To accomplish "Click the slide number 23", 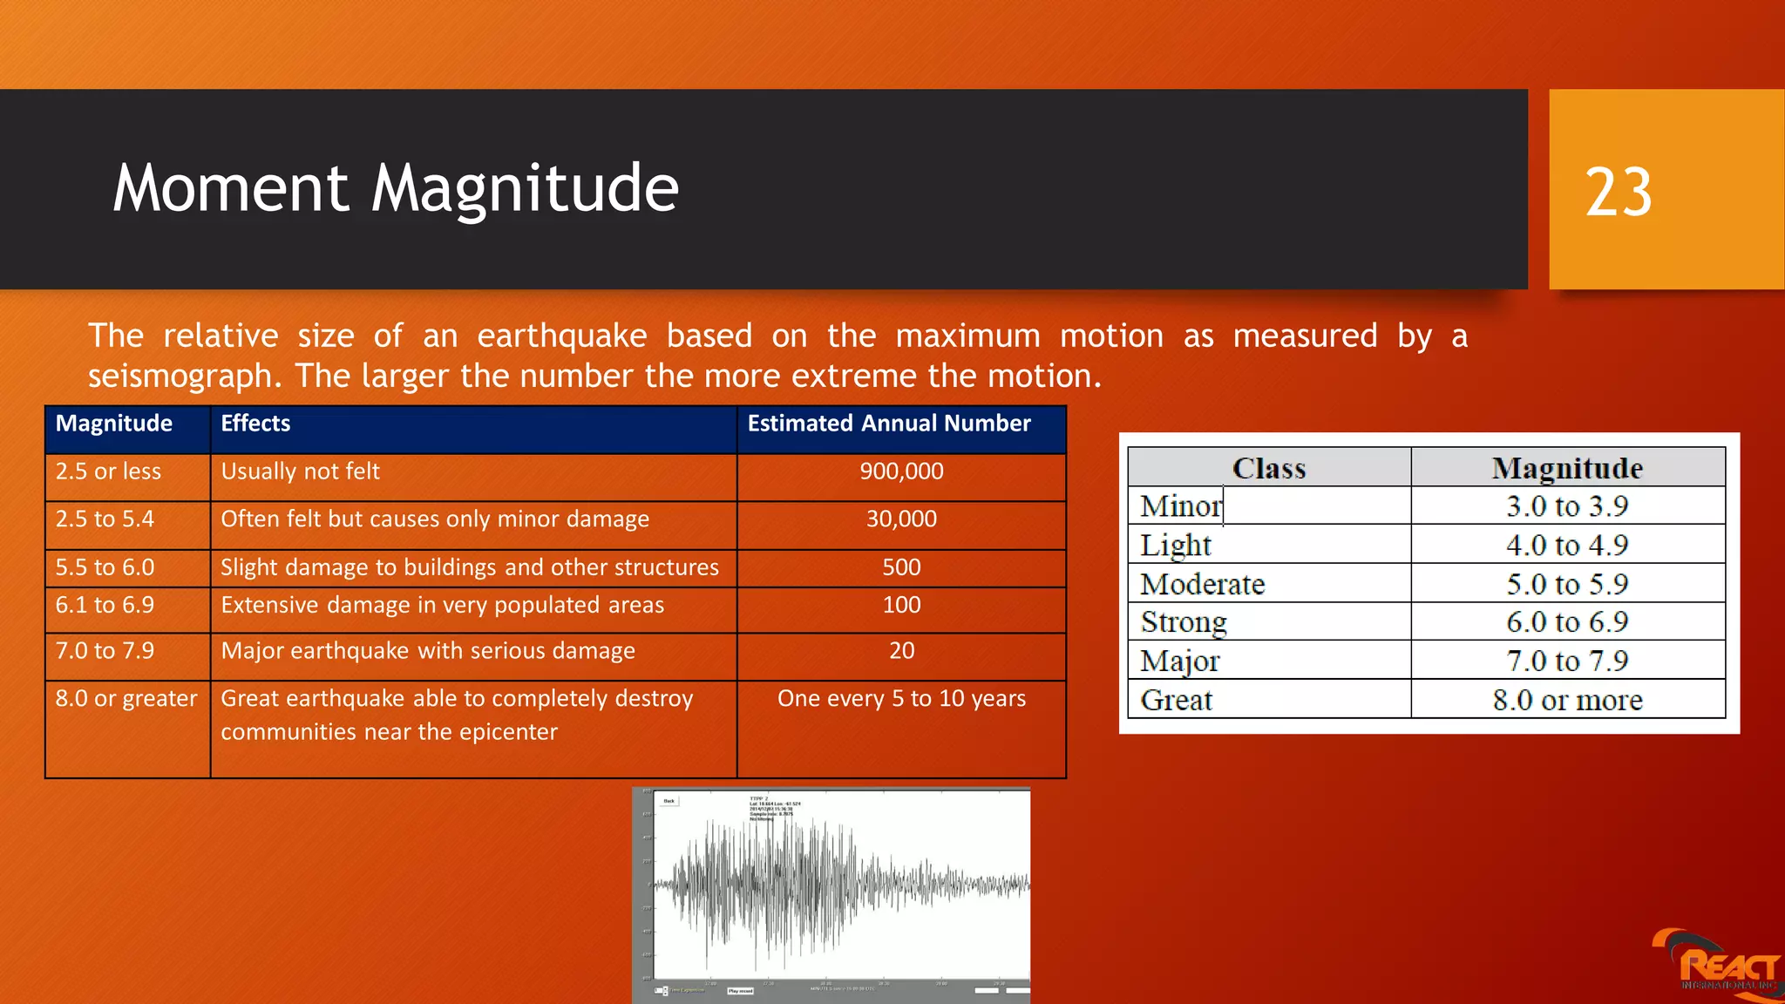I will (1618, 193).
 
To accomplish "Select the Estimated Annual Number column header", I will (889, 424).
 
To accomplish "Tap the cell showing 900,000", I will (901, 472).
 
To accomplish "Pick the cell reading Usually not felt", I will (300, 472).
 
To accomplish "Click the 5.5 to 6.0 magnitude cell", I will (105, 568).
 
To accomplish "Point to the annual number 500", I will (901, 568).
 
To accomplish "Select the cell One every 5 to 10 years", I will (901, 699).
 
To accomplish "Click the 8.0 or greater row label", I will (126, 699).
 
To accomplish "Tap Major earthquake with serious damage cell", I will (428, 652).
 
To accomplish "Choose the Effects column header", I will (255, 424).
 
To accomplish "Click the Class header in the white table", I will (1268, 469).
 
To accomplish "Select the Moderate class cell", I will (1203, 585).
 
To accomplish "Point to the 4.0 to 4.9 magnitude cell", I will (1567, 546).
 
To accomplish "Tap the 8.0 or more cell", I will (1567, 701).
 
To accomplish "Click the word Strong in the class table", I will (1184, 623).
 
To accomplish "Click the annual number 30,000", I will (901, 520).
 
